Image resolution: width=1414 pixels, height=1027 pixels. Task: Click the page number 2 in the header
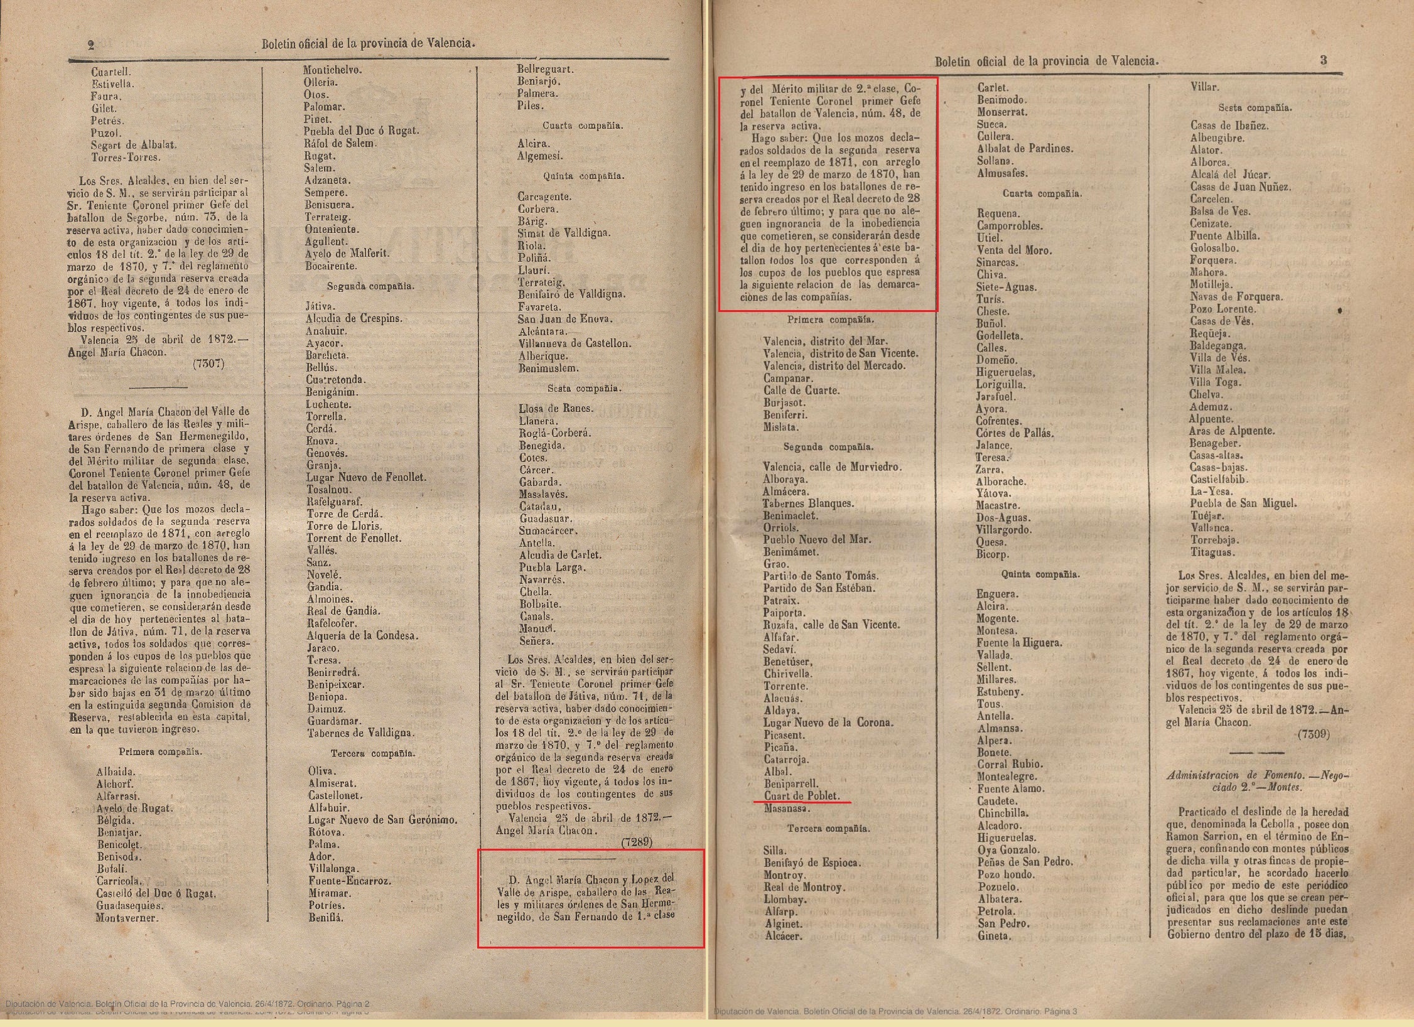(91, 45)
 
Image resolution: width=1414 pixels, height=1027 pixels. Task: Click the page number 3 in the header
(1324, 60)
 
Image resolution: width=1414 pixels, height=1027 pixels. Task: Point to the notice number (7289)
(637, 842)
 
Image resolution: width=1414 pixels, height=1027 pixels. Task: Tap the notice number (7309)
(1314, 734)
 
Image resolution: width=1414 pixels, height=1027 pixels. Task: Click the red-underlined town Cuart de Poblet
(801, 795)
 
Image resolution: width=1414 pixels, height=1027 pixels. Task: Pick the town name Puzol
(105, 133)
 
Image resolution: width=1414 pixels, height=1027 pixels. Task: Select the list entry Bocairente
(331, 266)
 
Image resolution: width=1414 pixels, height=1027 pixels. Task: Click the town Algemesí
(540, 156)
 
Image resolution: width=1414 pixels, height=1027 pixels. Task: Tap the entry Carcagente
(544, 196)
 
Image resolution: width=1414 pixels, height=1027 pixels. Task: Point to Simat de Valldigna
(564, 233)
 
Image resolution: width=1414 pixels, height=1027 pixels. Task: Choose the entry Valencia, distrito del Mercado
(834, 365)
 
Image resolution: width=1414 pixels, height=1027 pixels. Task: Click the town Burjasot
(784, 402)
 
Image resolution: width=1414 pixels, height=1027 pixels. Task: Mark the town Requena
(998, 213)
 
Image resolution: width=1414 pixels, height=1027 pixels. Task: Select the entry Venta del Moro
(1014, 250)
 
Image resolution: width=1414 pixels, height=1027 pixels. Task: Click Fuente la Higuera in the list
(1019, 643)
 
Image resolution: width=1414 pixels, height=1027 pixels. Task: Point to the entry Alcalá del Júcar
(1229, 175)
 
